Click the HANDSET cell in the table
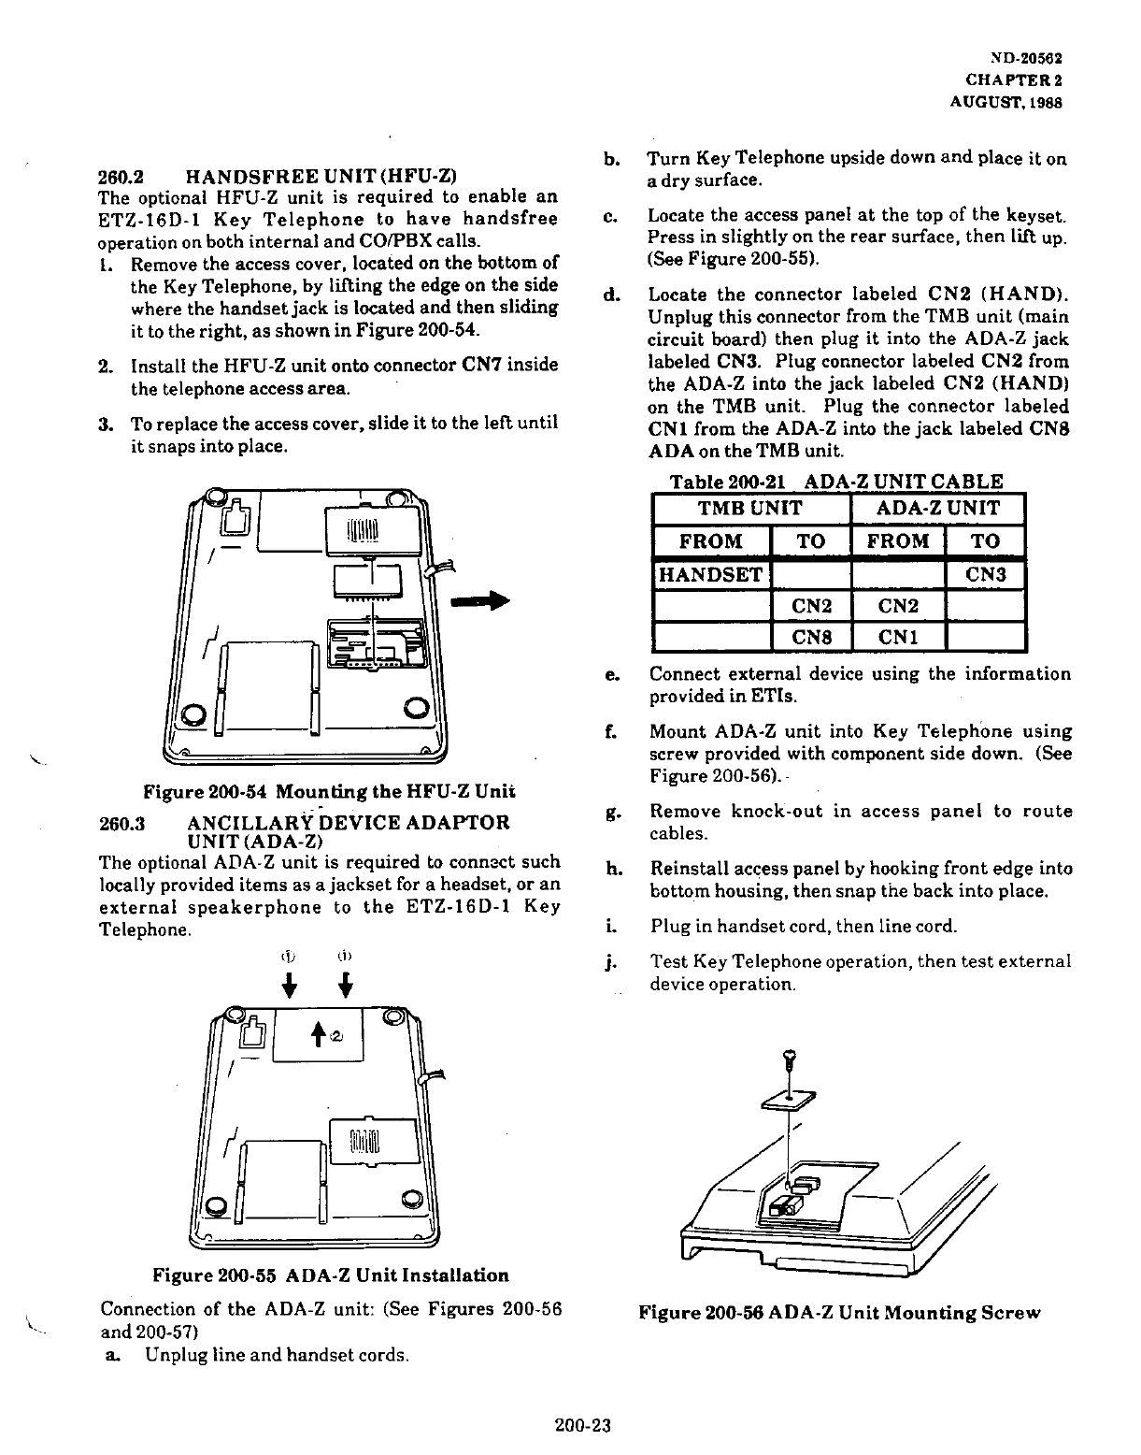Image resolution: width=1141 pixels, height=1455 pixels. [x=711, y=574]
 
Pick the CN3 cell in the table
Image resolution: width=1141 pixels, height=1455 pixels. [x=984, y=574]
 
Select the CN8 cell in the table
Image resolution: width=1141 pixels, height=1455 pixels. [x=811, y=638]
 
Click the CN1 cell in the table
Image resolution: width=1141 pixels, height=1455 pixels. [x=898, y=638]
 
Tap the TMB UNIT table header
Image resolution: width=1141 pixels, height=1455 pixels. [x=749, y=509]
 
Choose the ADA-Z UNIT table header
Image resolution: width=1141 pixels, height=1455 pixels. [x=938, y=509]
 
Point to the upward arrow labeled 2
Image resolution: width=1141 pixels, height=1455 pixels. [x=319, y=1032]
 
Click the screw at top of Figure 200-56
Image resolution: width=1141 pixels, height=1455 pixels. [x=792, y=1058]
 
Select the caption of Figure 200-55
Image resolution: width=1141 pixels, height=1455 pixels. [x=332, y=1275]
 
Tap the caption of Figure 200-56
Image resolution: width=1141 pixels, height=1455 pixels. [x=838, y=1312]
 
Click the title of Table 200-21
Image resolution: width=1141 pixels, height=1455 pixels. [x=837, y=483]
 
